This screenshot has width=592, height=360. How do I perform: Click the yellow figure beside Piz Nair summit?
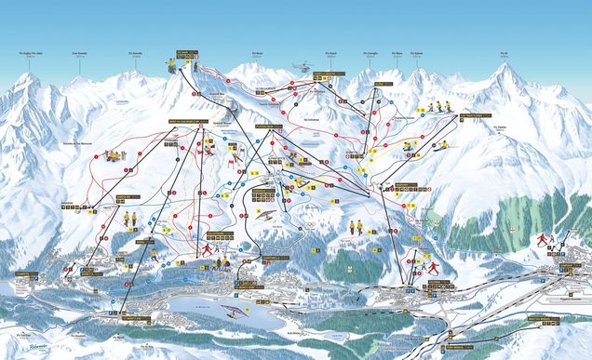pos(170,65)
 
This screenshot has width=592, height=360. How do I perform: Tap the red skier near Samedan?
pos(542,239)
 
